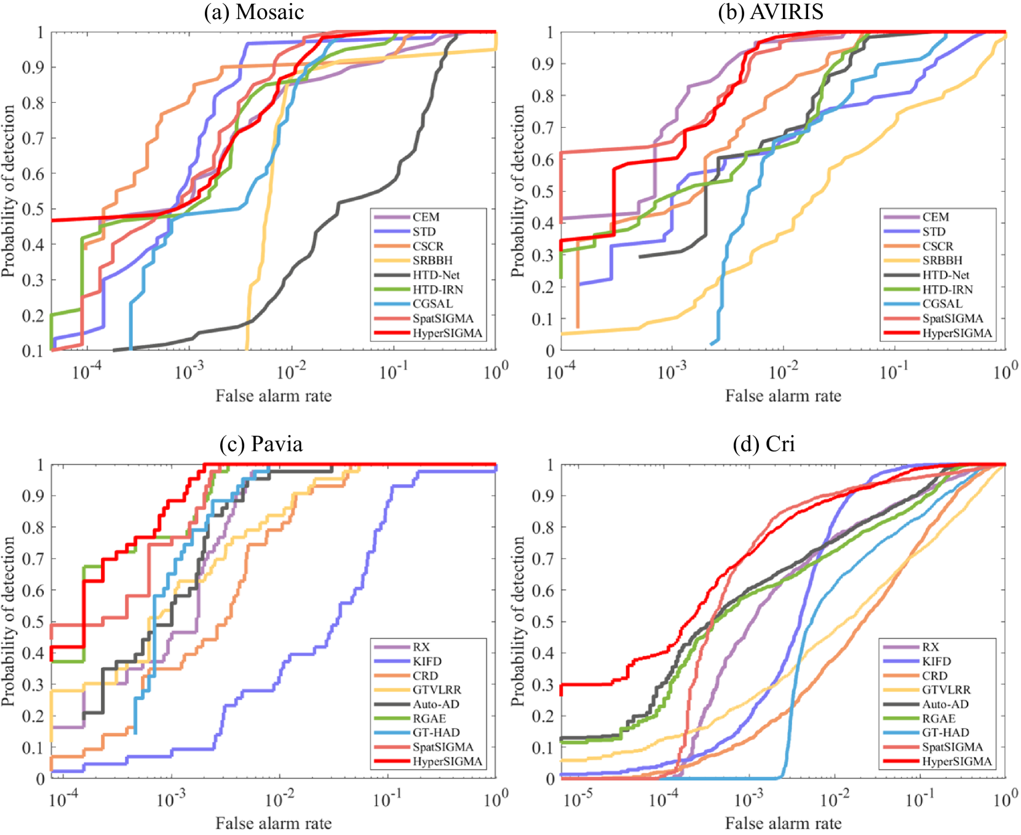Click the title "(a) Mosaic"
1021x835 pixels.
253,12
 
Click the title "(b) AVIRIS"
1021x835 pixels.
770,12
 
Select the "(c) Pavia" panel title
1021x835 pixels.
261,444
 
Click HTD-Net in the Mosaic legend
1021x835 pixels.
436,275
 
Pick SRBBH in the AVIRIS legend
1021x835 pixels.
942,261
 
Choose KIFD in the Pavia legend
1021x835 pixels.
427,662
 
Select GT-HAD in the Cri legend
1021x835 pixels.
945,733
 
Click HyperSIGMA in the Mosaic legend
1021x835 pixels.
447,334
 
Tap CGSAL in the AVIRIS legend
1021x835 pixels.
942,304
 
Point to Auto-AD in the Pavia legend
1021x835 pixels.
436,705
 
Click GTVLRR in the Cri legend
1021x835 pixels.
946,690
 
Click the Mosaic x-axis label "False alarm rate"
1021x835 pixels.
273,396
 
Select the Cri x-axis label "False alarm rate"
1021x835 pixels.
783,823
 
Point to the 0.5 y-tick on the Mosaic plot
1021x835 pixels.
33,210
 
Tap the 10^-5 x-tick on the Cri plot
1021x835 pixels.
578,800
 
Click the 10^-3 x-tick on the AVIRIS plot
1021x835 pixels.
672,372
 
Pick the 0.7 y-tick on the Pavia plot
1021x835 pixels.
33,559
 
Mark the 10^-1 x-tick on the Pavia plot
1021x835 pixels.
387,800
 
